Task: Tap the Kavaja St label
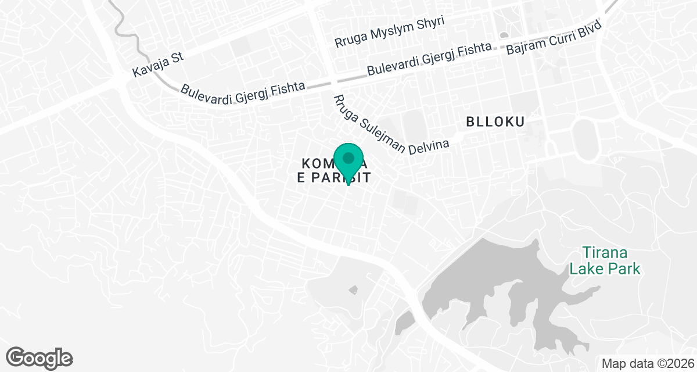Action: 157,64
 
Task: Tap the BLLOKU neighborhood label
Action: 495,122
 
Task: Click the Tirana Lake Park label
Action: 605,261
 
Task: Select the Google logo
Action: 39,357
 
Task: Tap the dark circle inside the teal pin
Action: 348,158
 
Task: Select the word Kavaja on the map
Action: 149,67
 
